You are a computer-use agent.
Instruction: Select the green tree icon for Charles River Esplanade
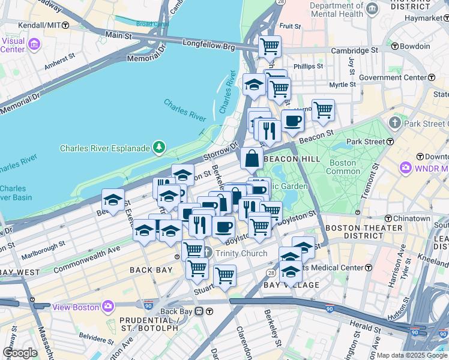pos(158,146)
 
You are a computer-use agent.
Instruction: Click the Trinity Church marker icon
pos(207,253)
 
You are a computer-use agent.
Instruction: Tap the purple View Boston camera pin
pos(108,307)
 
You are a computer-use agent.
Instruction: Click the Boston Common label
pos(343,167)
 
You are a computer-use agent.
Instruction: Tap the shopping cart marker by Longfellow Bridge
pos(270,46)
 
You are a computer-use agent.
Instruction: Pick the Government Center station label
pos(391,77)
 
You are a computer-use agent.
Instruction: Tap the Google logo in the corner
pos(20,352)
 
